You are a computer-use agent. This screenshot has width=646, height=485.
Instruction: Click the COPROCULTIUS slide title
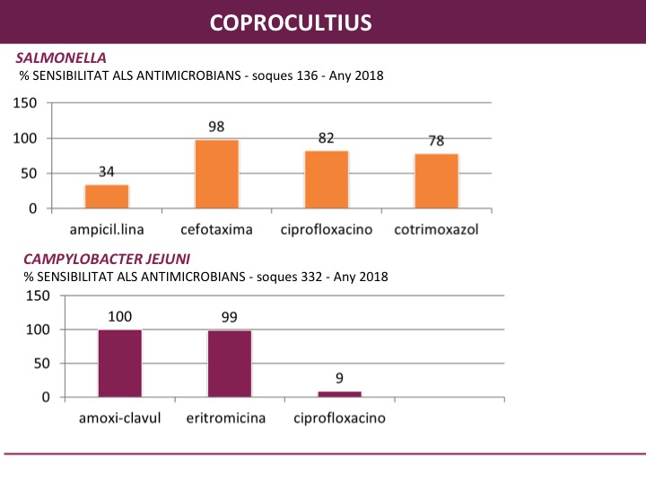[291, 22]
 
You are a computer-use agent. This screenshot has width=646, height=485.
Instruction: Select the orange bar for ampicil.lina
[107, 197]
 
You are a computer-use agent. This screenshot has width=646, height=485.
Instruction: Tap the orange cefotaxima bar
[216, 174]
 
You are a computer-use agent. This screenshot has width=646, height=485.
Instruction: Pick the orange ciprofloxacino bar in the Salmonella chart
[327, 180]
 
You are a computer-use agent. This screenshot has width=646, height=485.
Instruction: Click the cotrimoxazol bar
[436, 181]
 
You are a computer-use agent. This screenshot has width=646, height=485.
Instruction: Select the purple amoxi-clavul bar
[119, 364]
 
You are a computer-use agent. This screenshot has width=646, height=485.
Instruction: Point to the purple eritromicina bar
[230, 364]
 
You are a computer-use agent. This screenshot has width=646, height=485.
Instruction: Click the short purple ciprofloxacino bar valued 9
[339, 394]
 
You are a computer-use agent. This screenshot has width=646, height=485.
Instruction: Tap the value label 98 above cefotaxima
[216, 128]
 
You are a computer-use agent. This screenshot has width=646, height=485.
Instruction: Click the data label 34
[107, 172]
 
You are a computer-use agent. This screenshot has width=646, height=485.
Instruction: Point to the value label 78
[436, 141]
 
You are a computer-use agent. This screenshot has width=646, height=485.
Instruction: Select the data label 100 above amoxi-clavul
[119, 316]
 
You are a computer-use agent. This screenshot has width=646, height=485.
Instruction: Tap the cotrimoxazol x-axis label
[436, 230]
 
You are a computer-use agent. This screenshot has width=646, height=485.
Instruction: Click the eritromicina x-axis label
[230, 419]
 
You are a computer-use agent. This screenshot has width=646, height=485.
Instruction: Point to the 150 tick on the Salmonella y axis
[25, 102]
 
